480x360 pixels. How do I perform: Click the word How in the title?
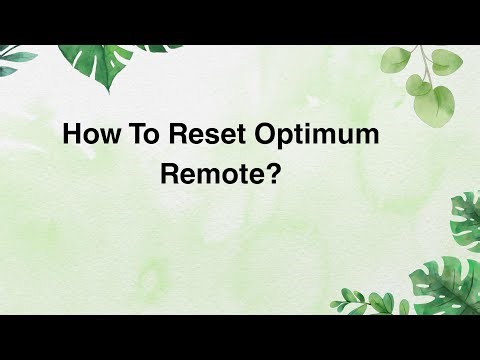87,135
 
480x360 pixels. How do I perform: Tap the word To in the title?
133,135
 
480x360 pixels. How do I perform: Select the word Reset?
190,135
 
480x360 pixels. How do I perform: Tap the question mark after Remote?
257,173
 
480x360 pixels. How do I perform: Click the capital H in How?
71,135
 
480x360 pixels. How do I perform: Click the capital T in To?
125,135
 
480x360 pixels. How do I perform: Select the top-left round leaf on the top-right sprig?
393,62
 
